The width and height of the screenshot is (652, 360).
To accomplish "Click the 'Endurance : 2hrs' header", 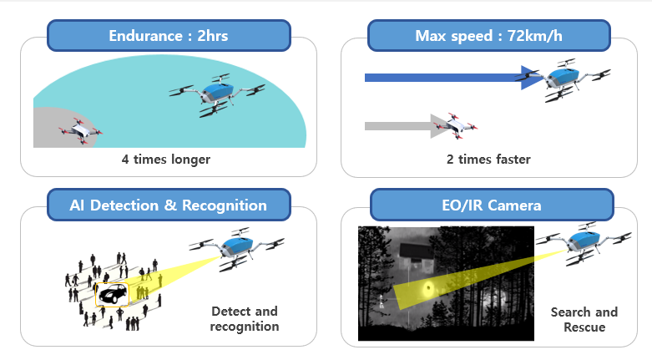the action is [169, 36].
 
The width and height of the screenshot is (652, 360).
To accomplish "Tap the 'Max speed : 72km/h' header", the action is [489, 36].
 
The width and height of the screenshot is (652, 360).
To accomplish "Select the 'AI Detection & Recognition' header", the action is [169, 205].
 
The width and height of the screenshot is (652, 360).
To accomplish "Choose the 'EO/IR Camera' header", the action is [492, 205].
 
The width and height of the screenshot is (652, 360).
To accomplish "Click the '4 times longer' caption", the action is [166, 160].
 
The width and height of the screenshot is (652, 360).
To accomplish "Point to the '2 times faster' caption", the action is [488, 160].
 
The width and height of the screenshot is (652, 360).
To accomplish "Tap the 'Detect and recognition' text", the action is [245, 319].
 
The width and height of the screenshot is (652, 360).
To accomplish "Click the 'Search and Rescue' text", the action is [584, 320].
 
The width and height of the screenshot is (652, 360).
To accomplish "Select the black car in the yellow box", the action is [113, 294].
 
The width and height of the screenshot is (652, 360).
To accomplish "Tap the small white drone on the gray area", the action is [80, 131].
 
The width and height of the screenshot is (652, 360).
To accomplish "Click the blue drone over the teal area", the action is [217, 95].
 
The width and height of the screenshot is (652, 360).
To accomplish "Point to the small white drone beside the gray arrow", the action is [455, 125].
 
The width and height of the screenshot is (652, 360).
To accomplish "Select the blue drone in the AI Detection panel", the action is [236, 249].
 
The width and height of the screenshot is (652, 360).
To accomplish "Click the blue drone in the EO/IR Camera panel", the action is [584, 244].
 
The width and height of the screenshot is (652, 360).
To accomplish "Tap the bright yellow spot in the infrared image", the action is [428, 289].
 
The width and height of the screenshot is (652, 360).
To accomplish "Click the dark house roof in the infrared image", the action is [417, 250].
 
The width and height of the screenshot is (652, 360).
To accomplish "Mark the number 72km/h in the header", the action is [535, 36].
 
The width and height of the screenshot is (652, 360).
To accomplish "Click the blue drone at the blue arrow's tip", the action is [563, 80].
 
